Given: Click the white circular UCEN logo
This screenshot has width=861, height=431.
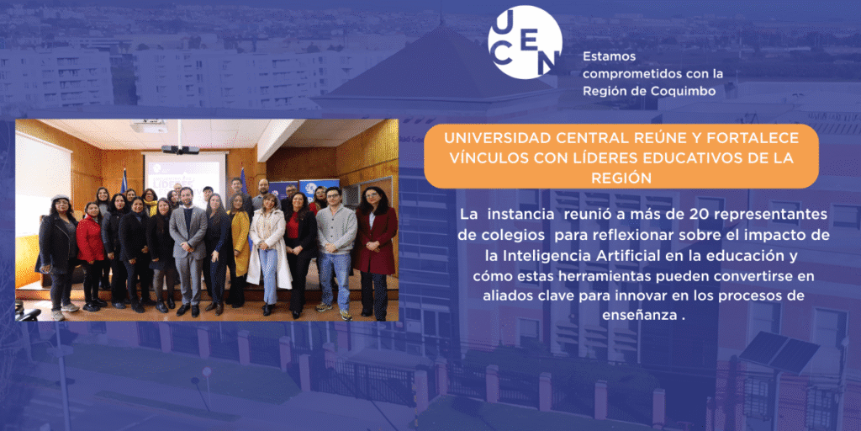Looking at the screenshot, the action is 525,42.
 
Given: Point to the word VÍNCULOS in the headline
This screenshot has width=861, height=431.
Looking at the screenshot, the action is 484,158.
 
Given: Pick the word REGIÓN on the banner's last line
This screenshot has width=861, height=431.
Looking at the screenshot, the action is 621,178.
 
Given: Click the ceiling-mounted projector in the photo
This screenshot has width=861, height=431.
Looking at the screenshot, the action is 180,149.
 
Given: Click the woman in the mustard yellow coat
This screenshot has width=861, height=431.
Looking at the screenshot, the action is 237,250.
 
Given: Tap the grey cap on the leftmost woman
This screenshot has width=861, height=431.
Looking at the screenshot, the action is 61,197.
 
